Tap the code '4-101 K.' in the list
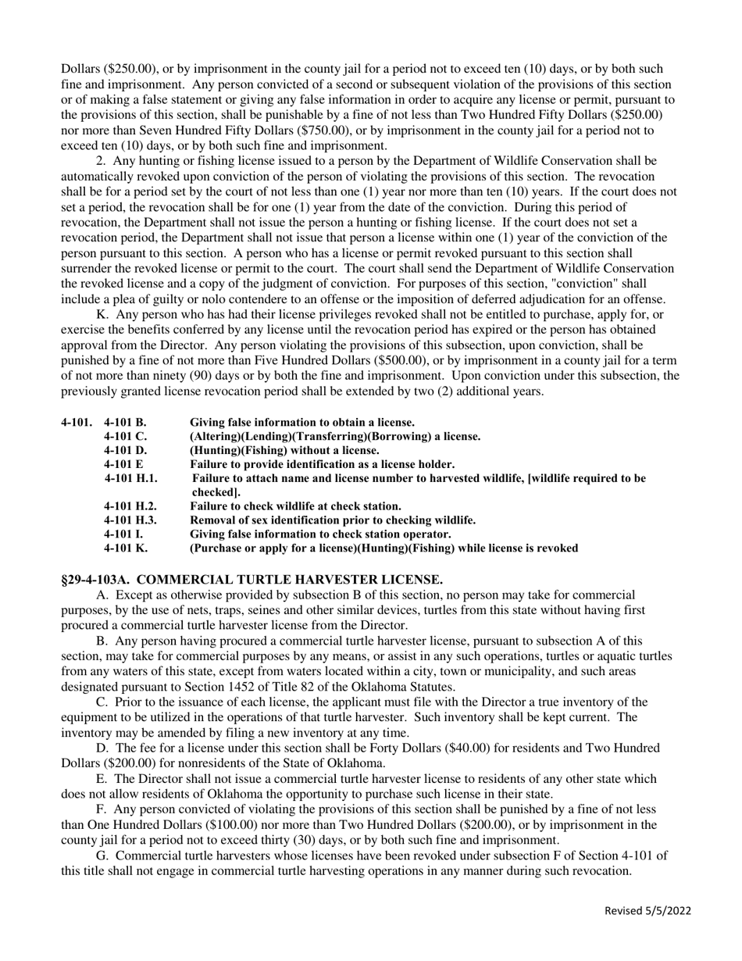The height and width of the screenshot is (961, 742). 125,548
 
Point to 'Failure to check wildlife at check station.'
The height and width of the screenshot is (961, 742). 295,506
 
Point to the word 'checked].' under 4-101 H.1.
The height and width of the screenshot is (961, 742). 214,493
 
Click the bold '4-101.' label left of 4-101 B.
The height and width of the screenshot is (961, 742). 77,423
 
